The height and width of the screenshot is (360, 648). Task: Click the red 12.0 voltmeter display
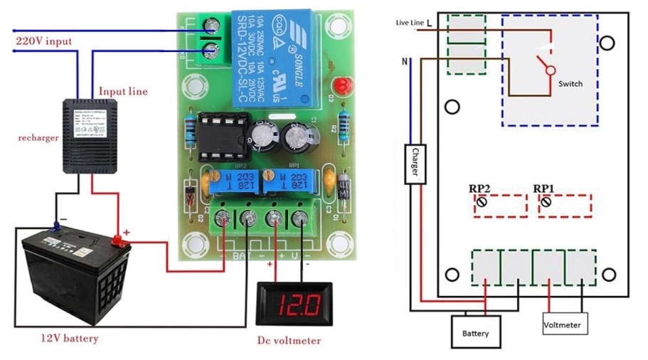[x=289, y=307]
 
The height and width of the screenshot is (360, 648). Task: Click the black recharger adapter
[x=93, y=135]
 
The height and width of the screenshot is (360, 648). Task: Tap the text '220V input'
[x=44, y=41]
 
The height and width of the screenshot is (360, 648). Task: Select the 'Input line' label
[x=124, y=91]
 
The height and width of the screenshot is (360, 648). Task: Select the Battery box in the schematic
[x=475, y=332]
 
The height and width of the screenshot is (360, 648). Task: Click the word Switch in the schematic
[x=570, y=83]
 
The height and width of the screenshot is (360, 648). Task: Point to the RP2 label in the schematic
[x=479, y=189]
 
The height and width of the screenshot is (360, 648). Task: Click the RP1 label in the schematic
[x=543, y=189]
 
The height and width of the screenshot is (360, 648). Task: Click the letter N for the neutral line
[x=405, y=62]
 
